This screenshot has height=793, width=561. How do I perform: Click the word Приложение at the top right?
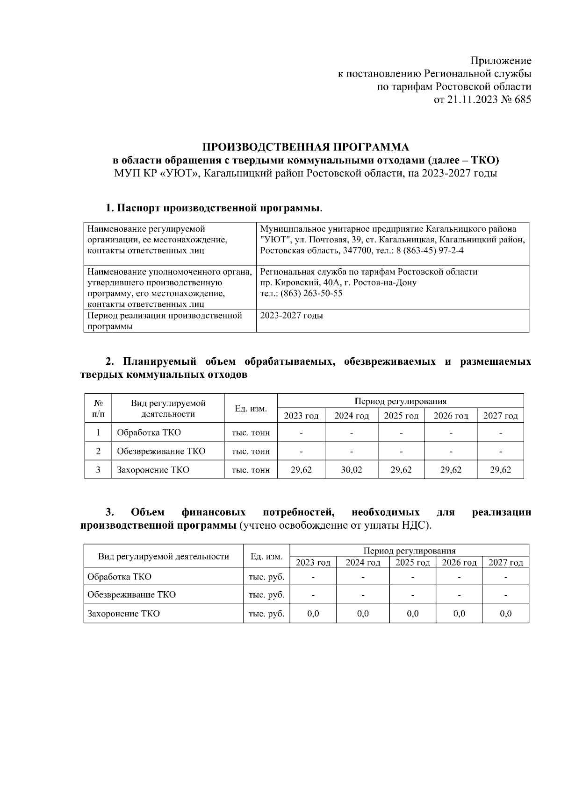[501, 61]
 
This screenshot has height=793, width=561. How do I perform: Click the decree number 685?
[522, 100]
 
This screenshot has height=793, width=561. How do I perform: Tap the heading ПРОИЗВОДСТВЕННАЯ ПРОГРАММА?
[305, 148]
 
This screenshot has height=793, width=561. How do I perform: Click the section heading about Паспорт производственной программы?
[214, 208]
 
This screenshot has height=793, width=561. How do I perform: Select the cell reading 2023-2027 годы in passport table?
[291, 316]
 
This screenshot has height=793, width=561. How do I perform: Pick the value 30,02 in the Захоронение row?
[351, 470]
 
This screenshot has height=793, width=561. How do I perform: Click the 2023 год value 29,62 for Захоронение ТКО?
[301, 470]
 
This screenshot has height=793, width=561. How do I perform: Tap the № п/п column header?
[98, 408]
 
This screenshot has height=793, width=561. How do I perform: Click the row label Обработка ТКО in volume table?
[149, 432]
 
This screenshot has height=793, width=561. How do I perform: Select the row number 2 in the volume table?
[98, 451]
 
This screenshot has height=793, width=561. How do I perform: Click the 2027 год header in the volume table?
[500, 416]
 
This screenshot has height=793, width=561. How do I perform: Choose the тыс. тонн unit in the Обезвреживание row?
[251, 451]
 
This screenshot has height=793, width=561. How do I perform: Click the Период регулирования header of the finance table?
[409, 551]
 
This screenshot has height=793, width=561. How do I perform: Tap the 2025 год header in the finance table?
[412, 562]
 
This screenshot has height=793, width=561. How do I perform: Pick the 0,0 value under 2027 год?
[505, 614]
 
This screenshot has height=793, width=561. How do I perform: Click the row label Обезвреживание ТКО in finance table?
[131, 595]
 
